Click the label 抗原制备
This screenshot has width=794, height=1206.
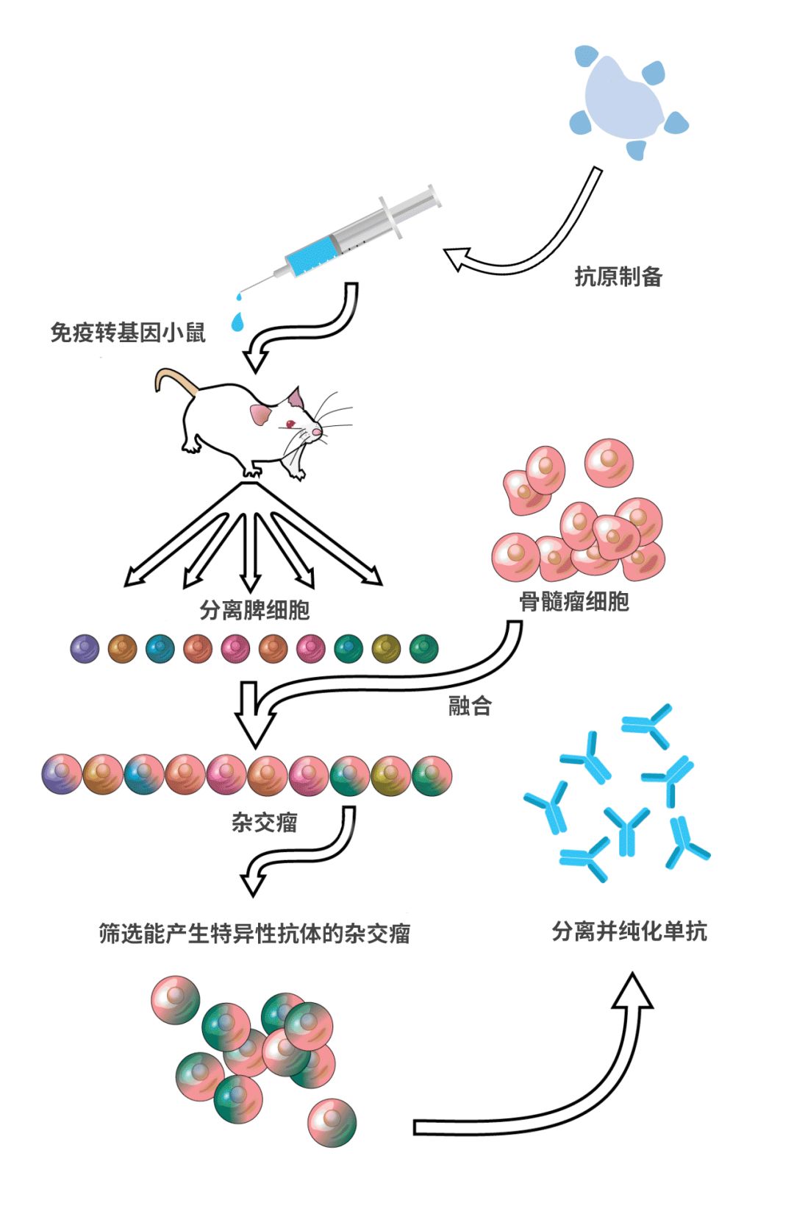click(x=618, y=277)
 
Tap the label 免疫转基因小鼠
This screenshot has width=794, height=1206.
click(x=128, y=333)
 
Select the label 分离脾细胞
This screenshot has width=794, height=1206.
click(x=254, y=610)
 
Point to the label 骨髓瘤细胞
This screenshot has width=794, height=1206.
click(x=574, y=602)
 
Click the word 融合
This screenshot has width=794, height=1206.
click(x=470, y=707)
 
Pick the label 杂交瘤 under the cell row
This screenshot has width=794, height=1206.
click(x=264, y=822)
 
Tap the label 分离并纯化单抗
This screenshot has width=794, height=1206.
click(x=629, y=932)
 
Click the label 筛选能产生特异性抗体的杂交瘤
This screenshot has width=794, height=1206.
click(x=254, y=934)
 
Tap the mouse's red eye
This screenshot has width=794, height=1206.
click(x=290, y=424)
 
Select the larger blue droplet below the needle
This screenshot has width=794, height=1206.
click(x=237, y=322)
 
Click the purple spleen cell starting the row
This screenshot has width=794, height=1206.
click(x=85, y=648)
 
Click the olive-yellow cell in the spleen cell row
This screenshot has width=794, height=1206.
click(x=386, y=648)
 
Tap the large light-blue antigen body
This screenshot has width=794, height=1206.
click(x=621, y=99)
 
